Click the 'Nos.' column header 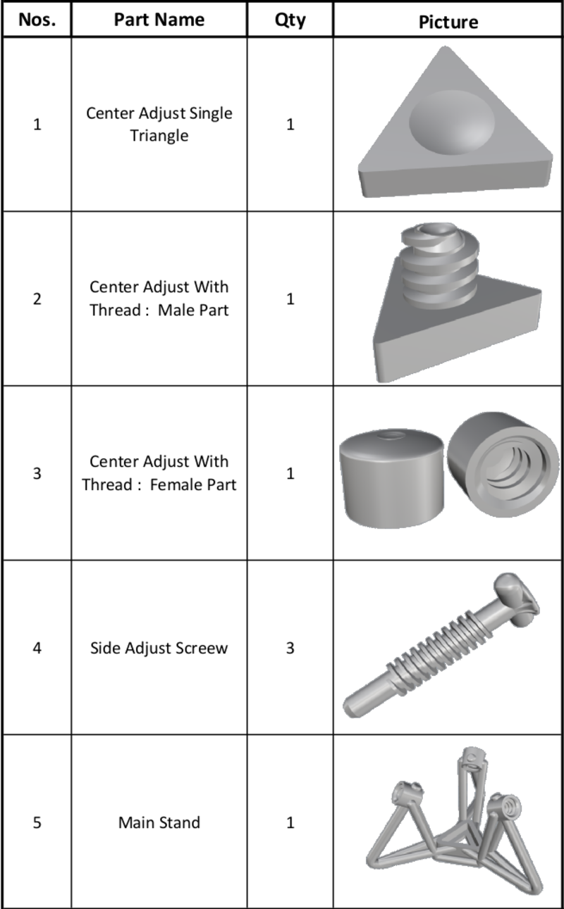[x=36, y=20]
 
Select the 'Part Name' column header [x=159, y=20]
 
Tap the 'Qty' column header [x=290, y=20]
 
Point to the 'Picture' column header [x=448, y=22]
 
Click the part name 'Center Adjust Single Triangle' [x=159, y=124]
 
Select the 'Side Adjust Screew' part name [x=159, y=648]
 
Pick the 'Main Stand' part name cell [x=159, y=822]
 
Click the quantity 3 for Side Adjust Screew [x=290, y=648]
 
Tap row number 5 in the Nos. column [x=36, y=822]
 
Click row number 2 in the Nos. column [x=36, y=299]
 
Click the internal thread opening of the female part [x=498, y=468]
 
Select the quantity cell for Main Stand [x=290, y=822]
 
